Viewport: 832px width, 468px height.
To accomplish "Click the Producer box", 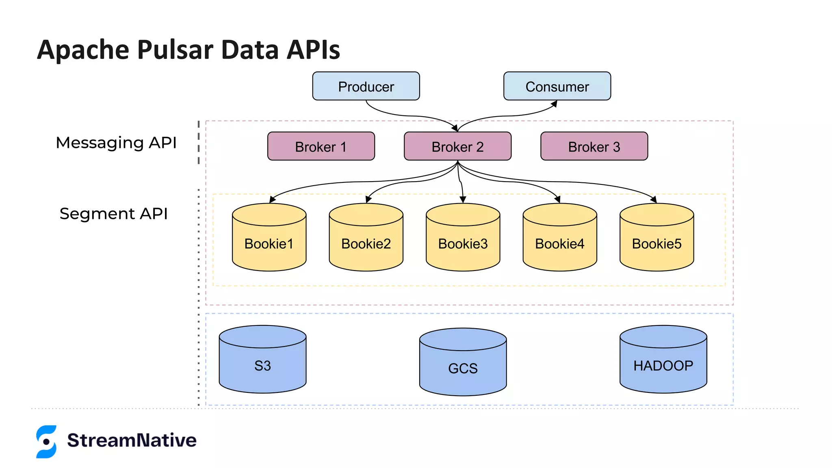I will pyautogui.click(x=366, y=86).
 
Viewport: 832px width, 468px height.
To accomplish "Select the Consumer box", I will pyautogui.click(x=557, y=86).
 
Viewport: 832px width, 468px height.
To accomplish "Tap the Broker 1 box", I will pyautogui.click(x=321, y=146).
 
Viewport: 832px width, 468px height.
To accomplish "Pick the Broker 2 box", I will pyautogui.click(x=457, y=146).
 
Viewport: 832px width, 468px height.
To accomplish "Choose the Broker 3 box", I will pyautogui.click(x=594, y=146).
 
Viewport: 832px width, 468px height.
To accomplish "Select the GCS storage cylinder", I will pyautogui.click(x=463, y=367).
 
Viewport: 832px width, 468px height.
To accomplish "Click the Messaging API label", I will pyautogui.click(x=116, y=143).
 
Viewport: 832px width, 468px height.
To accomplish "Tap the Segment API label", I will pyautogui.click(x=114, y=214).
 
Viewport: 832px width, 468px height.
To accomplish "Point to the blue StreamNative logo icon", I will pyautogui.click(x=46, y=442).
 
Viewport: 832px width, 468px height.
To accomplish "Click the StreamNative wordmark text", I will pyautogui.click(x=132, y=440).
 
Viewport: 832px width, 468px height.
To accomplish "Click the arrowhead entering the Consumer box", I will pyautogui.click(x=554, y=104).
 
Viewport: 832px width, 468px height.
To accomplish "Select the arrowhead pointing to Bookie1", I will pyautogui.click(x=272, y=199).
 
